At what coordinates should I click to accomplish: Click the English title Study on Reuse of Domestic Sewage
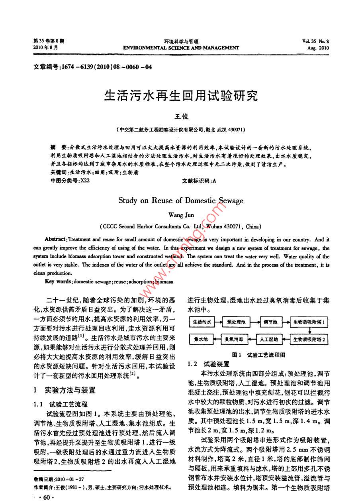(x=181, y=200)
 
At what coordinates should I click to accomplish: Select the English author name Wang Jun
(x=181, y=215)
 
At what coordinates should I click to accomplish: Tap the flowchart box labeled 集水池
(x=199, y=340)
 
